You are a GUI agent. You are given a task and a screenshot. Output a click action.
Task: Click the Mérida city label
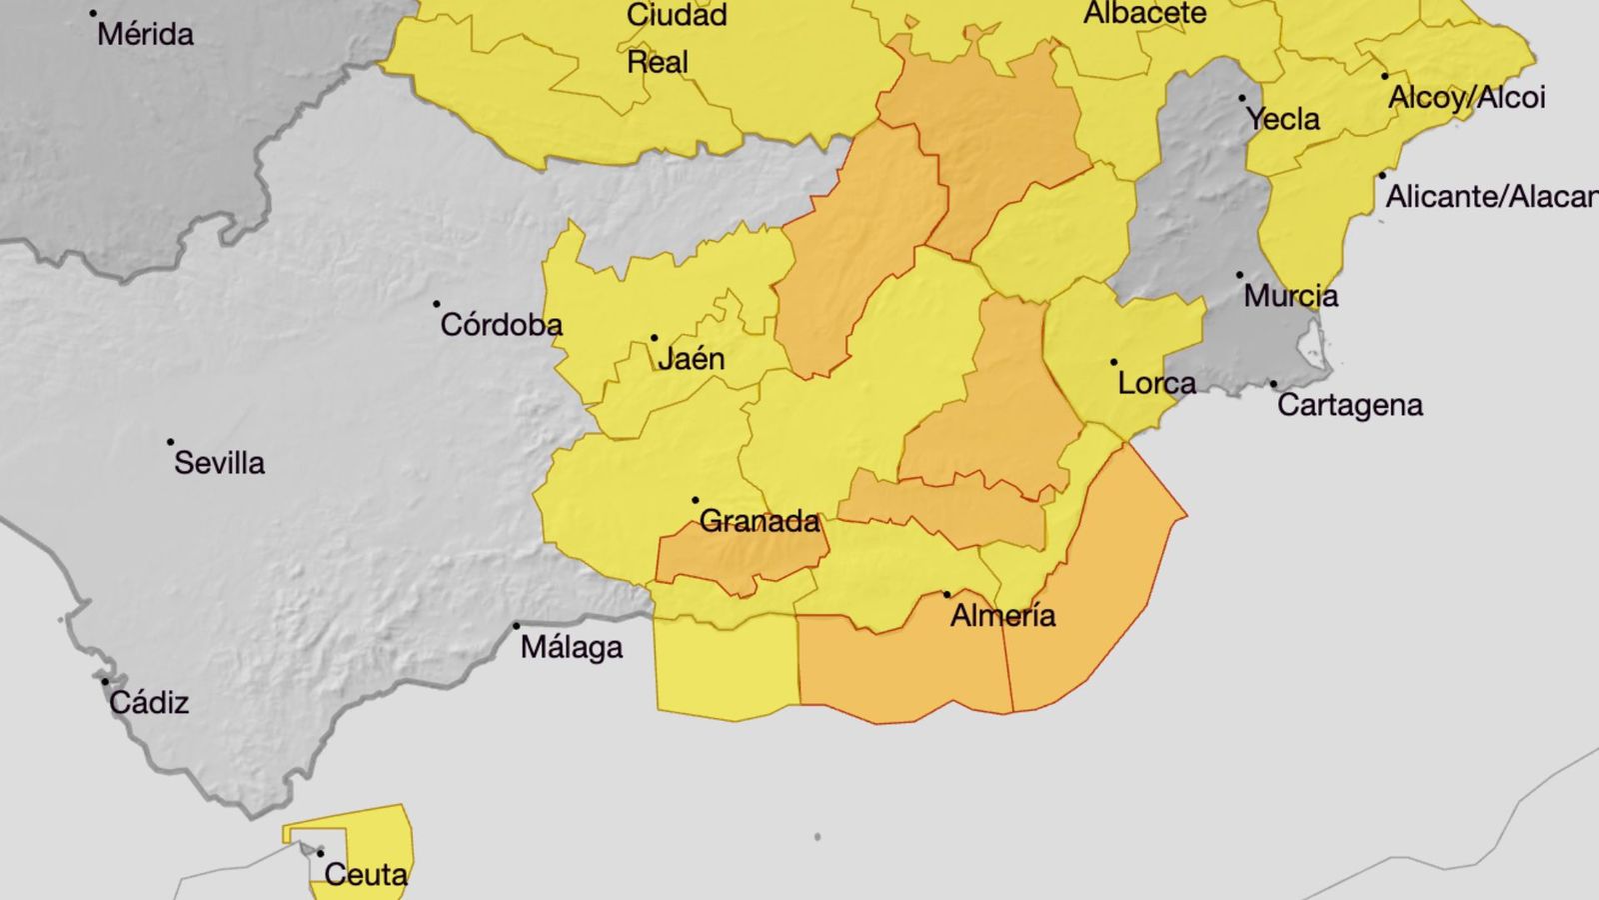coord(146,34)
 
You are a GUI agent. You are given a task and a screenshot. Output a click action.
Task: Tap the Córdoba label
coord(502,325)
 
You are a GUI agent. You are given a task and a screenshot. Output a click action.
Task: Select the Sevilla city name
coord(220,463)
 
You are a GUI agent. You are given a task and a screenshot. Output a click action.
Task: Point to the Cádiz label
coord(149,703)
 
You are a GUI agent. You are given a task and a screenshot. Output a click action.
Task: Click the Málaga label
coord(572,648)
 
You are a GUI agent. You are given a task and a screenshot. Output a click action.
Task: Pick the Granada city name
coord(760,521)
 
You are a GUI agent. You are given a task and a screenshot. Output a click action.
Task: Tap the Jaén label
coord(692,359)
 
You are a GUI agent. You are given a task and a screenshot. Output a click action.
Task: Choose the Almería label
coord(1002,615)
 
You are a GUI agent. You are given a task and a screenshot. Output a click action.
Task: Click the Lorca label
coord(1156,383)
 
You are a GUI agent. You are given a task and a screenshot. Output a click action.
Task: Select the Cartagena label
coord(1350,405)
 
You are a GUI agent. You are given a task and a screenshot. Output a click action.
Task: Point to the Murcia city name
coord(1291,296)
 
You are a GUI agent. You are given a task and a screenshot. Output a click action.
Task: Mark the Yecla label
coord(1283,120)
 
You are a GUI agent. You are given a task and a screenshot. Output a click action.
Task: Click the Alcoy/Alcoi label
coord(1466,98)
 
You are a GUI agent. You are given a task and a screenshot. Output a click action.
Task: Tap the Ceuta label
coord(366,875)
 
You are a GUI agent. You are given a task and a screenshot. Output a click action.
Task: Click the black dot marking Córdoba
coord(437,304)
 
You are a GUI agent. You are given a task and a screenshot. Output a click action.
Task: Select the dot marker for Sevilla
coord(171,442)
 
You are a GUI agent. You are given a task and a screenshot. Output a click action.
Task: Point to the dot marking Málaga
coord(517,627)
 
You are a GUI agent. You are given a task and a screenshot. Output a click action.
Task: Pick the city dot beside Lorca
coord(1113,362)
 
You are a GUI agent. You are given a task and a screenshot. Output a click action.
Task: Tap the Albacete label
coord(1145,14)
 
